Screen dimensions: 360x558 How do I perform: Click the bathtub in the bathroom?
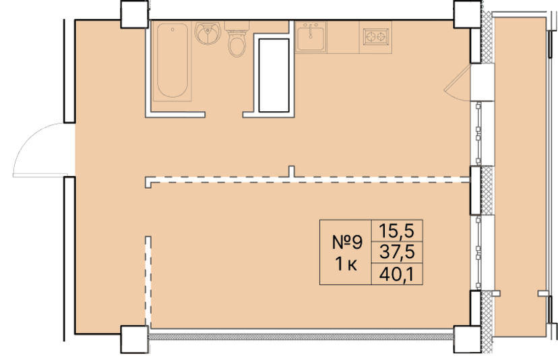(171, 61)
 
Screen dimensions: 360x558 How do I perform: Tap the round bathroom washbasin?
(208, 32)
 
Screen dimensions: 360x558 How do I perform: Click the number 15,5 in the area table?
(396, 231)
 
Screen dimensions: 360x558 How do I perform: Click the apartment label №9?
(347, 241)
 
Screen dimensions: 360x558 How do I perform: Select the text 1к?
(346, 264)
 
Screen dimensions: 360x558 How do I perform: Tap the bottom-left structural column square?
(134, 338)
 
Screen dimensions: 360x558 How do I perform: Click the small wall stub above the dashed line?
(291, 172)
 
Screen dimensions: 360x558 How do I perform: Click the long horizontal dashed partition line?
(310, 180)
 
